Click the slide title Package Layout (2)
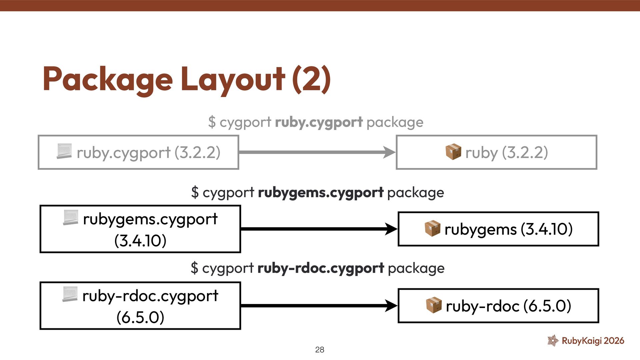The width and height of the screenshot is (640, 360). (x=187, y=79)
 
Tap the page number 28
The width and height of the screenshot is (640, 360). (x=319, y=350)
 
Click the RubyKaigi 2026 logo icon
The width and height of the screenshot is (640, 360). (x=553, y=340)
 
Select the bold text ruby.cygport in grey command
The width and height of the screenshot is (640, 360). (x=319, y=122)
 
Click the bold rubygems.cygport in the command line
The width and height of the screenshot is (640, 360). (x=321, y=193)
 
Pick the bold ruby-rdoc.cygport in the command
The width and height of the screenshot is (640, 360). (x=321, y=268)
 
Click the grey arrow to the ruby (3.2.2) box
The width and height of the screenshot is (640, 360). (x=317, y=152)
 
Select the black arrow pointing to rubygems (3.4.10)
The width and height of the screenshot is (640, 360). (x=319, y=229)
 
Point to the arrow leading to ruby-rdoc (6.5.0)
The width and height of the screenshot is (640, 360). (x=319, y=306)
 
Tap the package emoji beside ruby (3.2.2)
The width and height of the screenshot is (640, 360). (x=453, y=152)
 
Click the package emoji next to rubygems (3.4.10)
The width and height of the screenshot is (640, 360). (x=433, y=228)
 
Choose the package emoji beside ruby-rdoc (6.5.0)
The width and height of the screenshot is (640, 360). (x=434, y=305)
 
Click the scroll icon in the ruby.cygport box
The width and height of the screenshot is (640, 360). (x=64, y=151)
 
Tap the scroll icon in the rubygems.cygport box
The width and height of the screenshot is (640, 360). (x=70, y=217)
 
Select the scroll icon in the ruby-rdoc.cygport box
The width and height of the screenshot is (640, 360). (x=70, y=294)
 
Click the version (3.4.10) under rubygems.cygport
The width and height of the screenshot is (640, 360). (x=140, y=241)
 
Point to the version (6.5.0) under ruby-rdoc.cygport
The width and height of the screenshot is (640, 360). (x=140, y=317)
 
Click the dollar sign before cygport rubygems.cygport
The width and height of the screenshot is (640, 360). (x=195, y=193)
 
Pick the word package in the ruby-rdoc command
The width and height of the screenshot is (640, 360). (x=416, y=268)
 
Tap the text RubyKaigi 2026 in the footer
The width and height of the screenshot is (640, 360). (x=593, y=341)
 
